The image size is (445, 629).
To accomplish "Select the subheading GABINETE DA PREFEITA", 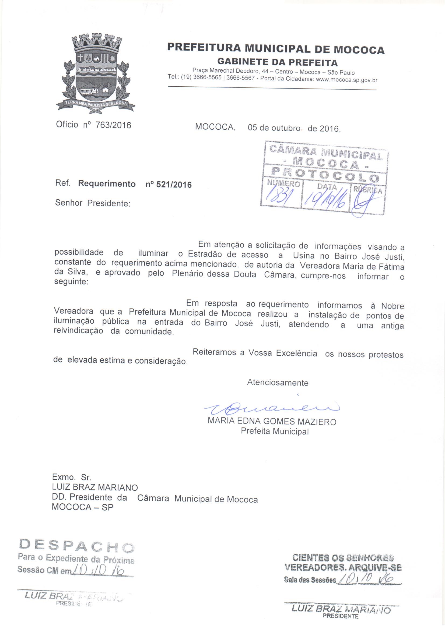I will coord(277,62).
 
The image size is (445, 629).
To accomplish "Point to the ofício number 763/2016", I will coord(113,125).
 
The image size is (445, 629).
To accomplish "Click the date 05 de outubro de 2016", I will coord(294,128).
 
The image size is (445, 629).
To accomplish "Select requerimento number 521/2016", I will coord(169,184).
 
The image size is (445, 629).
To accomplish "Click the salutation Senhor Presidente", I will coord(92,203).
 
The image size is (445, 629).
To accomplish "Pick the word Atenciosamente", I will coord(278,383).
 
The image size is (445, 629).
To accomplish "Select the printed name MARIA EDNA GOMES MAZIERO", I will coord(272,421).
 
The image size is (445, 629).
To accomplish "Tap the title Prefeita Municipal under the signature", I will coord(275,431).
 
